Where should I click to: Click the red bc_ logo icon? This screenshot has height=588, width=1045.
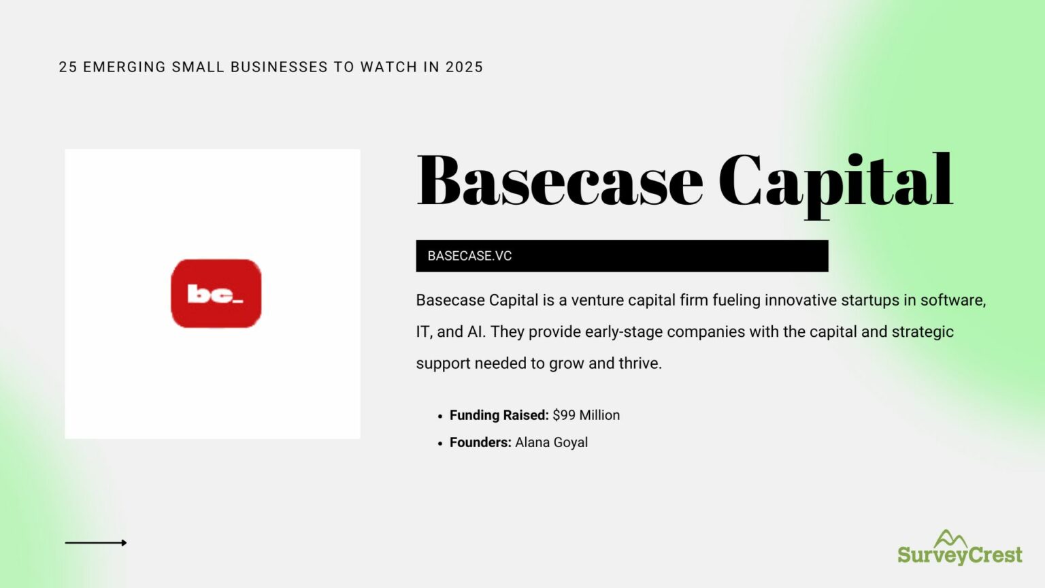click(216, 293)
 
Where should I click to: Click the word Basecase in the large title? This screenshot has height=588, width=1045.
click(559, 182)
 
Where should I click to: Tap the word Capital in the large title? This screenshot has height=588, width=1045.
click(835, 182)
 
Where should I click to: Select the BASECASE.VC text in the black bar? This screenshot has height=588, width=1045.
click(469, 256)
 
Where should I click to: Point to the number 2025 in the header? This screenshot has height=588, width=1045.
click(464, 67)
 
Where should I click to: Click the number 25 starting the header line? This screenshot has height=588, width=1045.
click(67, 67)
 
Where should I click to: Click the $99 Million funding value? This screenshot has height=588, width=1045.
click(586, 415)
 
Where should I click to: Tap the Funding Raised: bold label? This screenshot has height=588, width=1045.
click(499, 415)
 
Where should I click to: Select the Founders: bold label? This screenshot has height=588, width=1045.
click(480, 442)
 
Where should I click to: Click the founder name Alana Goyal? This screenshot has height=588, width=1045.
click(551, 442)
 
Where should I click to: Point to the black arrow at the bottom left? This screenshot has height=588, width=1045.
click(96, 542)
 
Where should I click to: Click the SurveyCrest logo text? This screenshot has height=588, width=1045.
click(959, 555)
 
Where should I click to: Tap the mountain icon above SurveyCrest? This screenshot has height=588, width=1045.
click(950, 538)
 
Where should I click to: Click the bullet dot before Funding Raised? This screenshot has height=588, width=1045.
click(440, 416)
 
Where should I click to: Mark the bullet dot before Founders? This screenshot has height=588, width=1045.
click(440, 443)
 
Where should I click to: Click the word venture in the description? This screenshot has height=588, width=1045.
click(597, 300)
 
